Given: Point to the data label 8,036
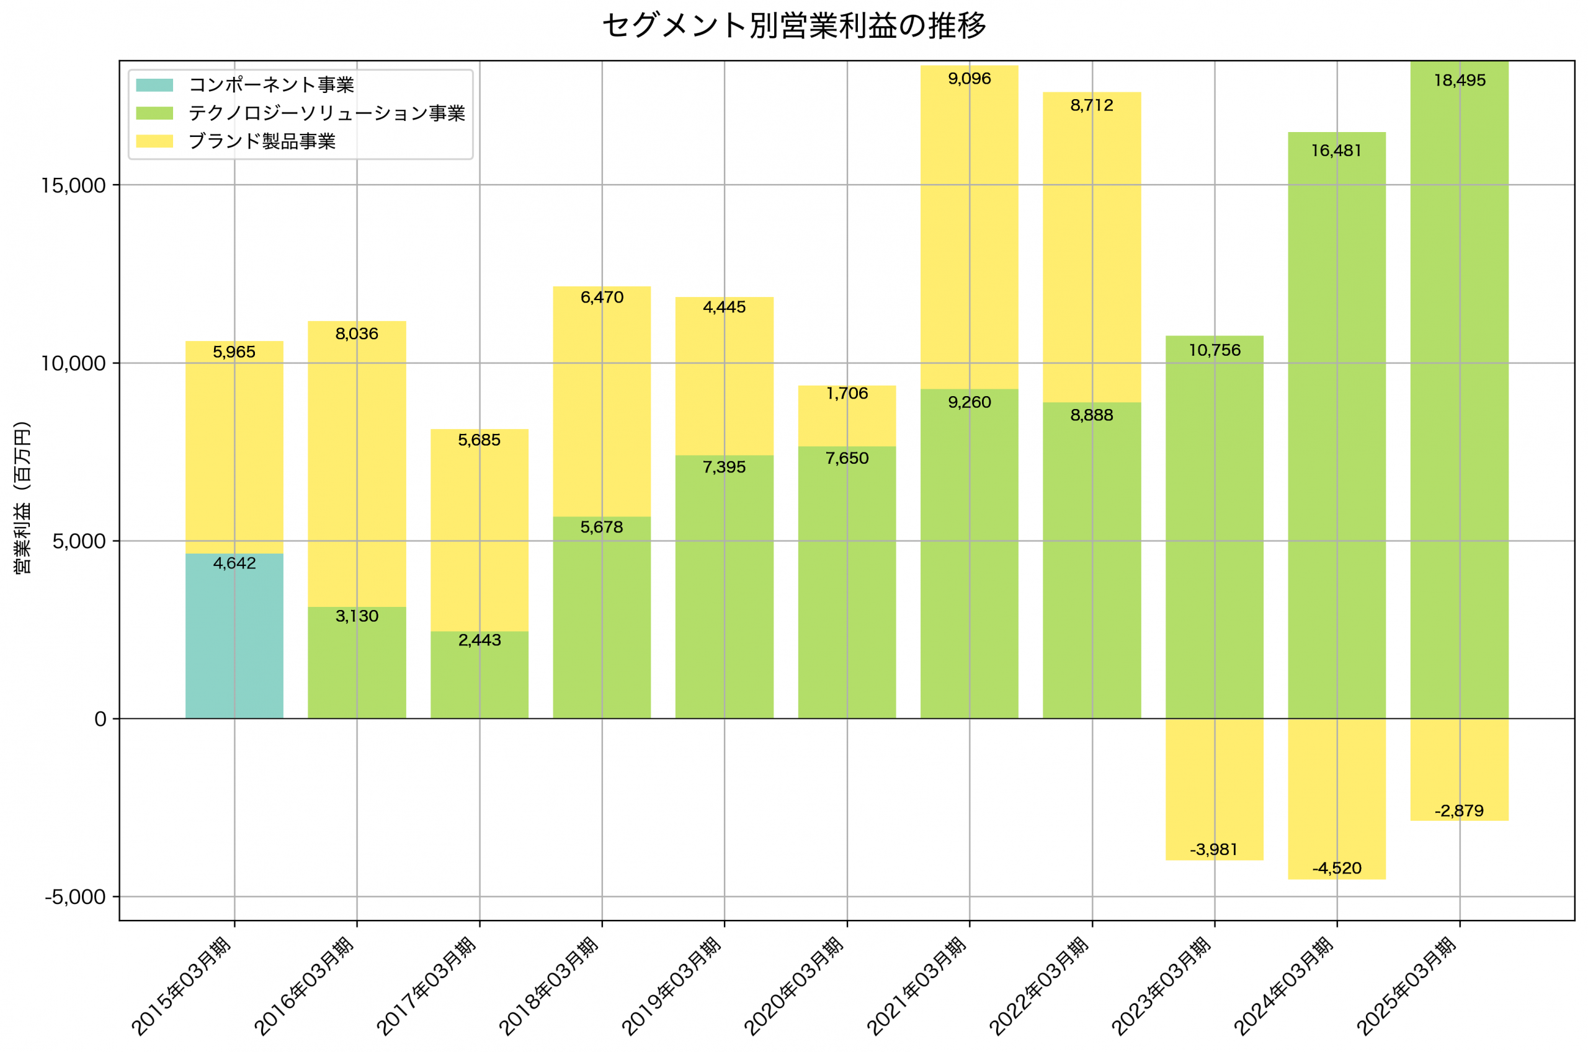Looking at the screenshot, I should (357, 334).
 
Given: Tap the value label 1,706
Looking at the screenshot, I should (847, 394).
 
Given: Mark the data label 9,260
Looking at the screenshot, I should (969, 402).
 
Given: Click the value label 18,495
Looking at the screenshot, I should (1459, 81).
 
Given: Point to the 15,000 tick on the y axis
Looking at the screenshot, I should (74, 186).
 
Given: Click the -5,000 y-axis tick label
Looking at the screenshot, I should (75, 898).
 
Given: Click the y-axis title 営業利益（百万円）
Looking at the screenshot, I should (23, 498).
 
